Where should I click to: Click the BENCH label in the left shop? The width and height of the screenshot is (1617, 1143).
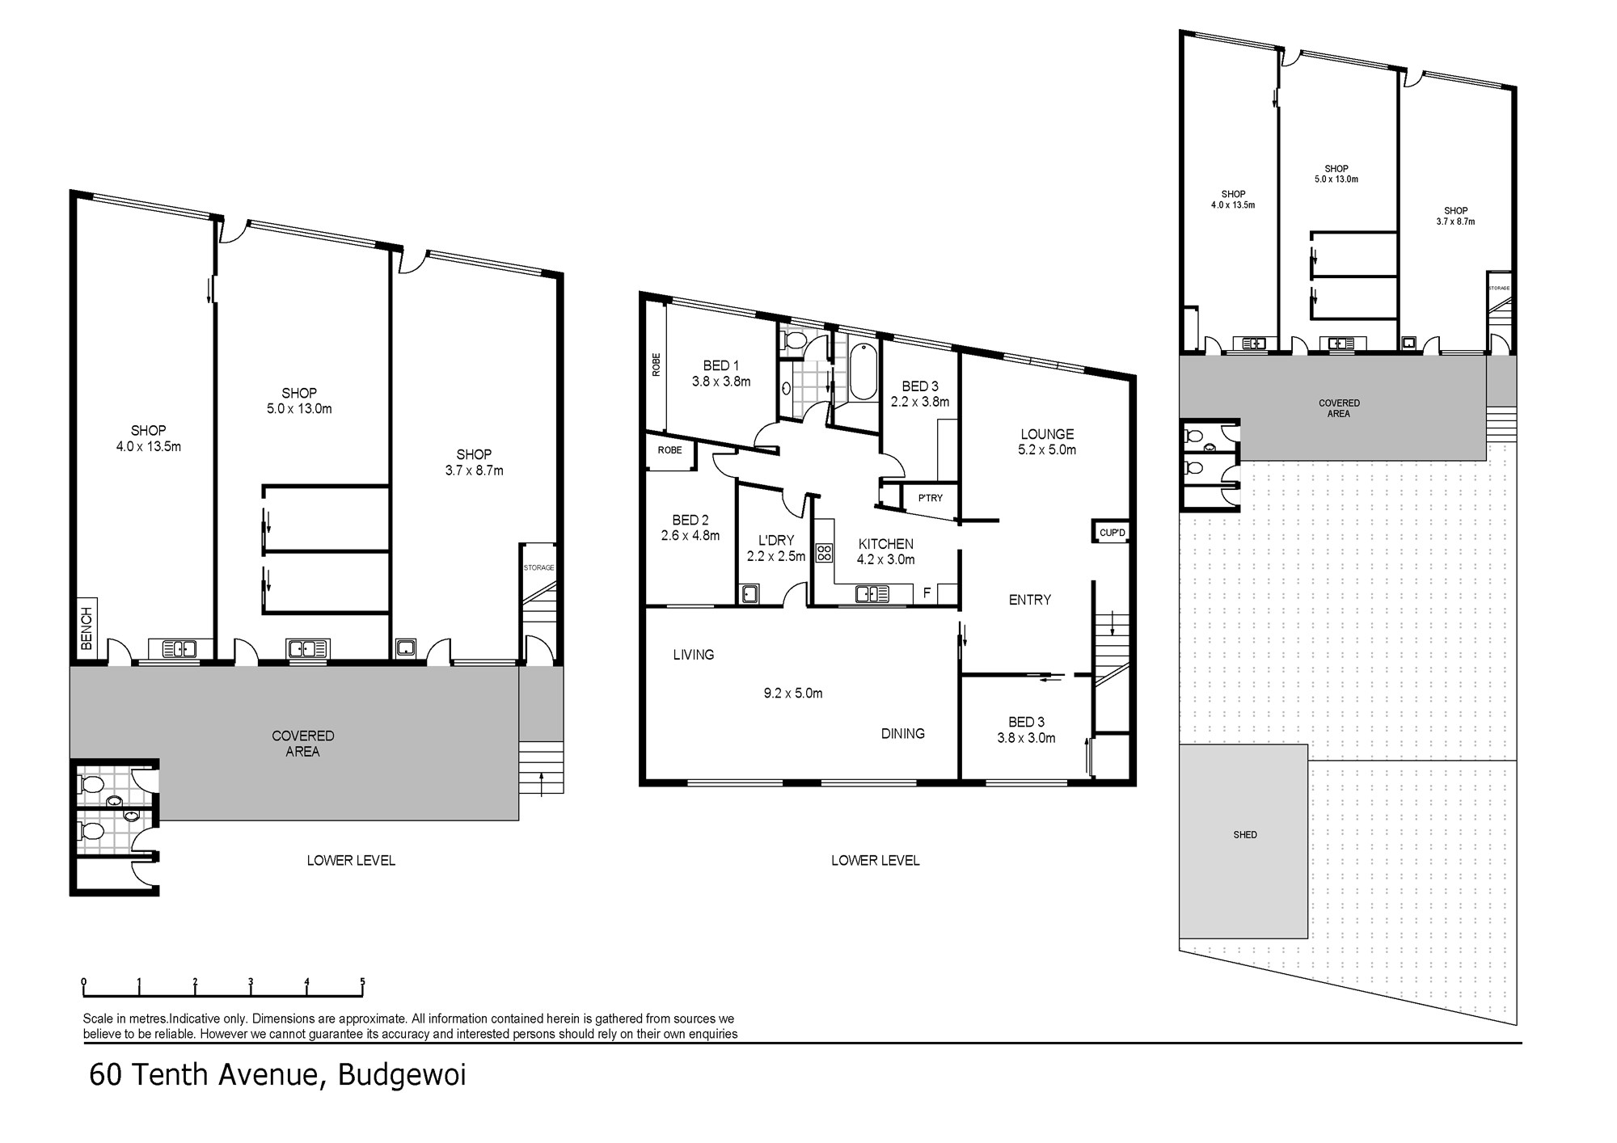[87, 629]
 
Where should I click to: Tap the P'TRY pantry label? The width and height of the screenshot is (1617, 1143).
[931, 498]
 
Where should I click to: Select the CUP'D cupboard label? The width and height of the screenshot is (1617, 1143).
[1112, 533]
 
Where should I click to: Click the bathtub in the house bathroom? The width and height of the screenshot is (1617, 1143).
[863, 372]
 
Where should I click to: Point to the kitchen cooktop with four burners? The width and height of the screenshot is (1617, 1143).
[825, 553]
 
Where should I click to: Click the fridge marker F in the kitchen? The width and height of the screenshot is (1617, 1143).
[927, 593]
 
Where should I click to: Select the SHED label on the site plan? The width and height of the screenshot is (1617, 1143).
[1245, 835]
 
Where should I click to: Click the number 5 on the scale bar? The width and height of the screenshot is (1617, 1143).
[362, 982]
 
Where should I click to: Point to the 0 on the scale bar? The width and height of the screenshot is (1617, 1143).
[84, 982]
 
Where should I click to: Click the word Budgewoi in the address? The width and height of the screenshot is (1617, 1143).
[402, 1076]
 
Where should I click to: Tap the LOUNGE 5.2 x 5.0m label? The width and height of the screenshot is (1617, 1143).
[1047, 442]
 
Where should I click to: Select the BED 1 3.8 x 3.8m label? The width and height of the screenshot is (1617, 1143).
[721, 373]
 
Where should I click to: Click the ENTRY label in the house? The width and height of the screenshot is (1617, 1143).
[1030, 600]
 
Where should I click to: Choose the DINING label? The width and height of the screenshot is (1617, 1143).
[903, 734]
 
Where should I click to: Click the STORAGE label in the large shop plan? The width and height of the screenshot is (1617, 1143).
[538, 567]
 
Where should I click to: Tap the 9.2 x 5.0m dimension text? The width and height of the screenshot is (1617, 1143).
[792, 694]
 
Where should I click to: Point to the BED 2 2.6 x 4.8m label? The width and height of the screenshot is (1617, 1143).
[690, 528]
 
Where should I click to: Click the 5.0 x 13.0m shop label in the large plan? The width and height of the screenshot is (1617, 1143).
[299, 409]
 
